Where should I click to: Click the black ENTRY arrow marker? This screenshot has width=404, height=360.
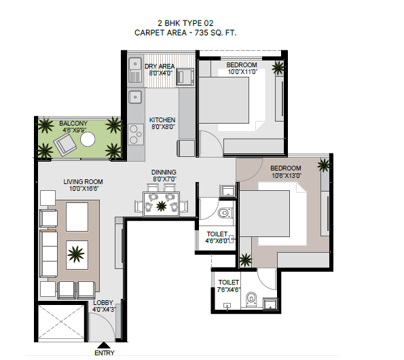tap(104, 345)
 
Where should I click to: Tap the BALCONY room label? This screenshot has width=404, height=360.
tap(73, 124)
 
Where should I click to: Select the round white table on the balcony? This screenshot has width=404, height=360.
tap(88, 139)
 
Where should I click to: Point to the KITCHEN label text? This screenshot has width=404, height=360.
tap(162, 120)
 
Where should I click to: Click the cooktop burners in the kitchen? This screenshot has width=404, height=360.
tap(136, 134)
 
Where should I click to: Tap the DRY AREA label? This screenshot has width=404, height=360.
tap(160, 67)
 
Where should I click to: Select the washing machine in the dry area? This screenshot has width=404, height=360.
tap(185, 77)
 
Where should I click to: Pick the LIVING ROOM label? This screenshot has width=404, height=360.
tap(83, 181)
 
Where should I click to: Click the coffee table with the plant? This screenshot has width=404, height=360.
tap(77, 255)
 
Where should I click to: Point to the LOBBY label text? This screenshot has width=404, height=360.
tap(103, 302)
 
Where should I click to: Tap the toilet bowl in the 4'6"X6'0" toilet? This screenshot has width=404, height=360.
tap(223, 213)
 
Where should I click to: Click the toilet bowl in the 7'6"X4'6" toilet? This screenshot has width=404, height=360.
tap(251, 299)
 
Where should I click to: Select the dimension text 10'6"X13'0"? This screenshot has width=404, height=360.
tap(287, 175)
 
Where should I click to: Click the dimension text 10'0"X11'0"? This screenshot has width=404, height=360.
tap(242, 71)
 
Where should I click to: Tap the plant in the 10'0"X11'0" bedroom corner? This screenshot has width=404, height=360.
tap(278, 67)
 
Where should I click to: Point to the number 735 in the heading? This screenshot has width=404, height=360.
tap(201, 33)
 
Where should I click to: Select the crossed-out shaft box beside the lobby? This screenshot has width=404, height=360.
tap(61, 321)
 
